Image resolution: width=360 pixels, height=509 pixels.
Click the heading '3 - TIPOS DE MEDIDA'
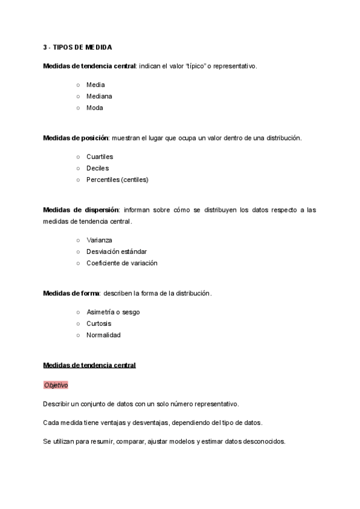(77, 47)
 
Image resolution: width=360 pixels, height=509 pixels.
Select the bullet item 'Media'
(95, 85)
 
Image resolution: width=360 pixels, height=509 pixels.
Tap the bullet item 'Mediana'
(99, 96)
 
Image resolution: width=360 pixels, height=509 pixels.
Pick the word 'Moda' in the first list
(95, 108)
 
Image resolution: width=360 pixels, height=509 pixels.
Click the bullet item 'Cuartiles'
(100, 157)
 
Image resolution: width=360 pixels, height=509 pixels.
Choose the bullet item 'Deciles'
(97, 168)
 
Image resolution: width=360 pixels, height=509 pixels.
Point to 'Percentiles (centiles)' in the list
(117, 179)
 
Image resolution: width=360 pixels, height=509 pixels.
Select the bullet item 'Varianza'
(99, 240)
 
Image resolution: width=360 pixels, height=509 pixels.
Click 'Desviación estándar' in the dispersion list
(116, 251)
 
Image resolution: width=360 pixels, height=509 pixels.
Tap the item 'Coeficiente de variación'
(122, 263)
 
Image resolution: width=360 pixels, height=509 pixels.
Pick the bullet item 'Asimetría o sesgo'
(113, 312)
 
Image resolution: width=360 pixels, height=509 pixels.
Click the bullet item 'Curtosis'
(98, 324)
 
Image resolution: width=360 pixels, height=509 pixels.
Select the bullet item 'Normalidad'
(103, 335)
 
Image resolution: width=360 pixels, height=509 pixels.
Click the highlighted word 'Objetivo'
(56, 385)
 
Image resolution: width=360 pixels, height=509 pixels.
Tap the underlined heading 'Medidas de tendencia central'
(89, 365)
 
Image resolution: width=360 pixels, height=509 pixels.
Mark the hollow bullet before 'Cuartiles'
(78, 157)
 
